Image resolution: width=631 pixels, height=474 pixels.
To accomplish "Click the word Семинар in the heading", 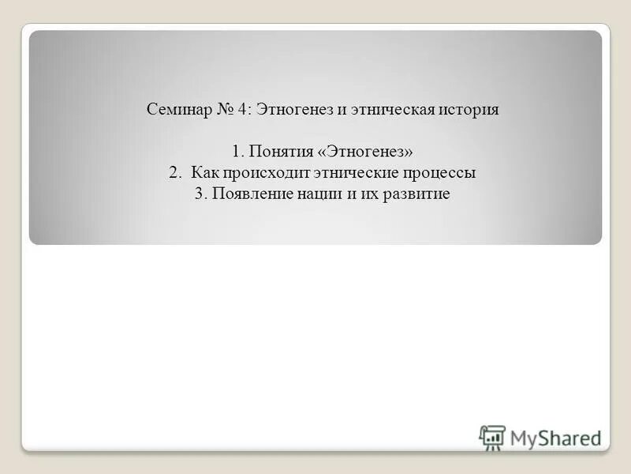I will (x=177, y=110).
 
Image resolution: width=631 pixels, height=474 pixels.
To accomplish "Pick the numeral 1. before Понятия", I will (x=240, y=151).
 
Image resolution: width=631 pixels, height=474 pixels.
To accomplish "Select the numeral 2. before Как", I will (x=174, y=172).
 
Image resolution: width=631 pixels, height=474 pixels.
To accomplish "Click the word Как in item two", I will (x=204, y=172).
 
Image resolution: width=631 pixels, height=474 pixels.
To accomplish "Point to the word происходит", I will (x=264, y=172).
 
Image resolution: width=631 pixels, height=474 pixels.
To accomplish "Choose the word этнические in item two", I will (x=355, y=172).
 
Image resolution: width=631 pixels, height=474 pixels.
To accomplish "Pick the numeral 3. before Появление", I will (x=200, y=194).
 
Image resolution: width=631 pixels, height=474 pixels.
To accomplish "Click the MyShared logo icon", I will (x=491, y=437).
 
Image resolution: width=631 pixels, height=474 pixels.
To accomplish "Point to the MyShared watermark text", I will (x=556, y=437).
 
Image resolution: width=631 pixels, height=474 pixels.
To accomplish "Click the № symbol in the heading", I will (x=221, y=110).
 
